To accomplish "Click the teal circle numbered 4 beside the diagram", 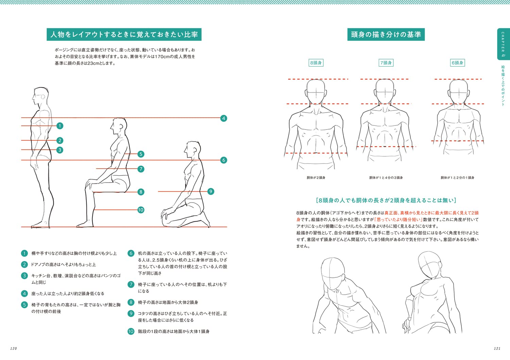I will point(223,118).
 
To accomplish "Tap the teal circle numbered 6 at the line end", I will point(223,160).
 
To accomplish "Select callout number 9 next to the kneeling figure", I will point(210,191).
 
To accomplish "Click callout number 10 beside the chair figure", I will point(141,210).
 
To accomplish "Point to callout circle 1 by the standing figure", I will point(60,126).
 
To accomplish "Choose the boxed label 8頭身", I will point(316,63).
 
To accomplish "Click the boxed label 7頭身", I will point(386,63).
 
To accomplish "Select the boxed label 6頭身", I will point(457,63).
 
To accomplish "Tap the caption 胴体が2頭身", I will point(316,178).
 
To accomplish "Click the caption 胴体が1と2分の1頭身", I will point(457,178).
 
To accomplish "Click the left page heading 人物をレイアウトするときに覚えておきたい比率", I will point(124,35).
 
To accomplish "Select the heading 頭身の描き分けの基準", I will point(386,35).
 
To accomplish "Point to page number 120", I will point(14,348).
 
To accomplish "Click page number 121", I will point(497,348).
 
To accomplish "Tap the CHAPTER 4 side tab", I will point(503,44).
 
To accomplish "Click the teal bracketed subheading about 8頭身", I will point(386,200).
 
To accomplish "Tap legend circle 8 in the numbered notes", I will point(131,302).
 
